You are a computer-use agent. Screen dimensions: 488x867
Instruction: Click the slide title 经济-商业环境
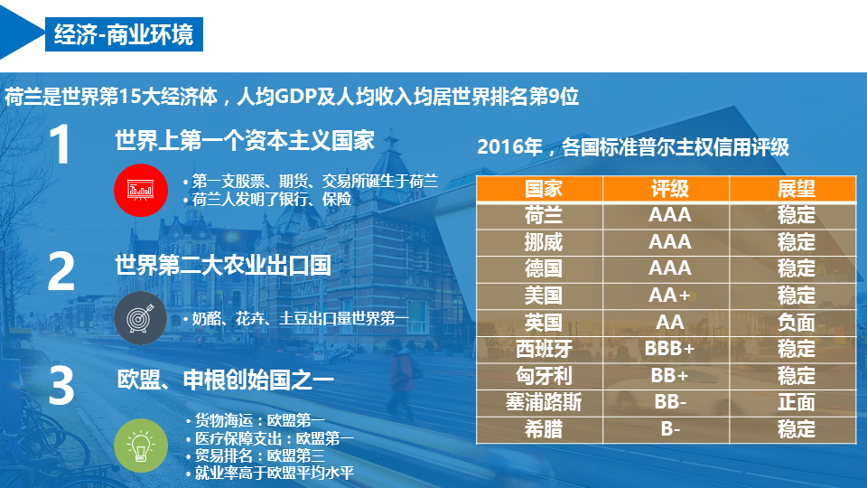[123, 35]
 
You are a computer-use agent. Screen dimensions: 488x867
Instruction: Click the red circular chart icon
[140, 190]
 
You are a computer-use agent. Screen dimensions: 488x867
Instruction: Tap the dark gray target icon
[140, 318]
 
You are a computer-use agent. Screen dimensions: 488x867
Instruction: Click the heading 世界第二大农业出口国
[222, 266]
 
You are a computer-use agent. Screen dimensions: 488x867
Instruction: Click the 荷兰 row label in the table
[543, 215]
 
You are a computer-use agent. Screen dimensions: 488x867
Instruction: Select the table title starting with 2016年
[633, 147]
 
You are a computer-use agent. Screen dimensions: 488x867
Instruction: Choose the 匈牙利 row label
[543, 376]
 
